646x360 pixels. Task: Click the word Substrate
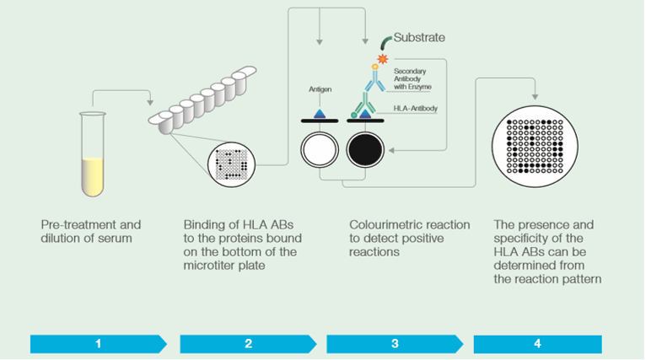[x=419, y=37]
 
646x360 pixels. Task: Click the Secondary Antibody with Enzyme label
[x=416, y=79]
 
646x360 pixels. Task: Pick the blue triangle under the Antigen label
[x=319, y=113]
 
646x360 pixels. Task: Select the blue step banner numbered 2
[x=248, y=343]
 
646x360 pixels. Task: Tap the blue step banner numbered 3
[x=395, y=343]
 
